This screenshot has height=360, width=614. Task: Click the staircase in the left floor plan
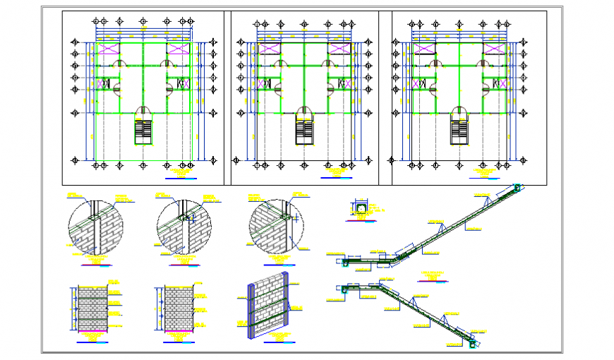143,132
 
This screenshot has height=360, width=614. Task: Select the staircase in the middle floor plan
304,131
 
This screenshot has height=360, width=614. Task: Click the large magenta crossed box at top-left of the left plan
109,49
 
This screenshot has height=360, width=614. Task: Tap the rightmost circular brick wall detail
276,227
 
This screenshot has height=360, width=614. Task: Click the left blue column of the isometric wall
252,311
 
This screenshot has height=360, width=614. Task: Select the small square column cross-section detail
360,208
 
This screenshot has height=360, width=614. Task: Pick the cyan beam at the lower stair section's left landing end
345,289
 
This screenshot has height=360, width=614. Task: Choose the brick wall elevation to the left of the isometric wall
179,308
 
